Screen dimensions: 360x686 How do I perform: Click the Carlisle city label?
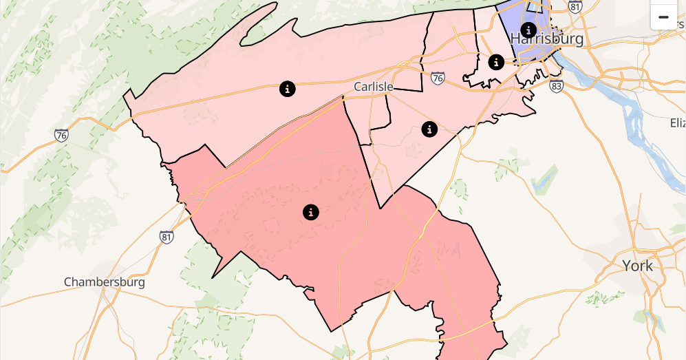click(374, 87)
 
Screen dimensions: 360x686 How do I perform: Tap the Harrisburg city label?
click(547, 39)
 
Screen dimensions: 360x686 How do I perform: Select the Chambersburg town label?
click(105, 282)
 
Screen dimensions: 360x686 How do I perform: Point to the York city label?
click(637, 266)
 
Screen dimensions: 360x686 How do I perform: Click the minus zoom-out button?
click(663, 17)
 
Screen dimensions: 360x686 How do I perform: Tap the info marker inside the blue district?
click(528, 30)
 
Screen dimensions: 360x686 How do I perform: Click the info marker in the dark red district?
click(311, 212)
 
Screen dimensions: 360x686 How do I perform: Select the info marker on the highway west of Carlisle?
click(288, 88)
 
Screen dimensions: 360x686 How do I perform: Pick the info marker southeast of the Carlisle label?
click(429, 129)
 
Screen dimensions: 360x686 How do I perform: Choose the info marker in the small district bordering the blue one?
click(496, 62)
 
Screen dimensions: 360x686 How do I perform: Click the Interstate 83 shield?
click(557, 86)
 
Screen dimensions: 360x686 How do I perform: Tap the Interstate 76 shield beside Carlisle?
click(438, 78)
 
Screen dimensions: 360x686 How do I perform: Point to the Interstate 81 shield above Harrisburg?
click(575, 7)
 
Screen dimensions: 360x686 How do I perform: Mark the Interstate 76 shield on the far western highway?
click(62, 136)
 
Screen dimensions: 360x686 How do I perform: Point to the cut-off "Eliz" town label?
click(677, 123)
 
